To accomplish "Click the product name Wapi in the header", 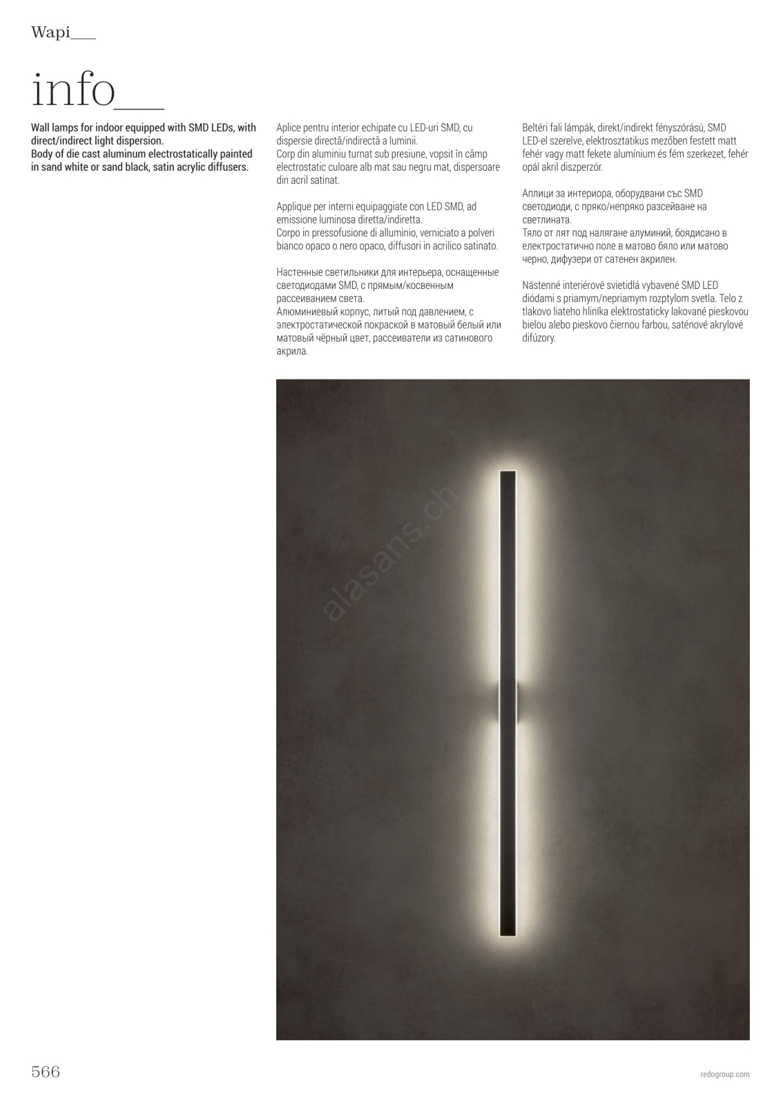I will coord(50,32).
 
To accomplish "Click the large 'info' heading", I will coord(73,91).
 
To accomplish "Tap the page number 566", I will coord(46,1072).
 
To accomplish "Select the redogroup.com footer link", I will coord(724,1074).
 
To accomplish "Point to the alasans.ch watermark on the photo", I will coord(390,552).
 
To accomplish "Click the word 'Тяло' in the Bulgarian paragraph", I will coord(533,233).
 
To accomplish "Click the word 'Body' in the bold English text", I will coord(42,154).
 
